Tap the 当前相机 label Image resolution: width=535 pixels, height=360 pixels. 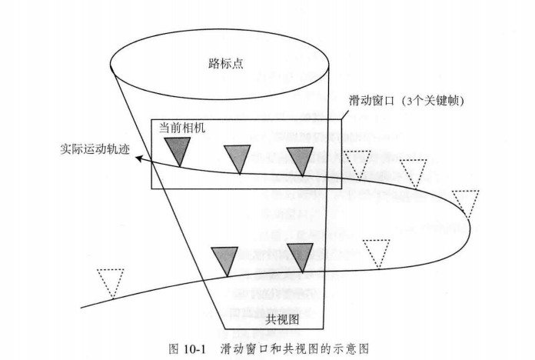pos(182,125)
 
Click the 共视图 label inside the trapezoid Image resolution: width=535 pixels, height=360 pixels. pos(277,318)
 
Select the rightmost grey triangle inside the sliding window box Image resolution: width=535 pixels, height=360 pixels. pos(299,158)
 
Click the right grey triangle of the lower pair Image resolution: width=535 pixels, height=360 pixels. pos(300,255)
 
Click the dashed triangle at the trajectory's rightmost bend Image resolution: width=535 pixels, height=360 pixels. pos(466,202)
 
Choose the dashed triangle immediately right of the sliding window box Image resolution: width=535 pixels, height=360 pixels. pos(358,162)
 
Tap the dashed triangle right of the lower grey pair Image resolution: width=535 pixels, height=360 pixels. pos(377,252)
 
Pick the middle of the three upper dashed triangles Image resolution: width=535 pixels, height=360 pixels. pos(414,172)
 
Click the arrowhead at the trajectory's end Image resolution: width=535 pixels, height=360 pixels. pos(136,159)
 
